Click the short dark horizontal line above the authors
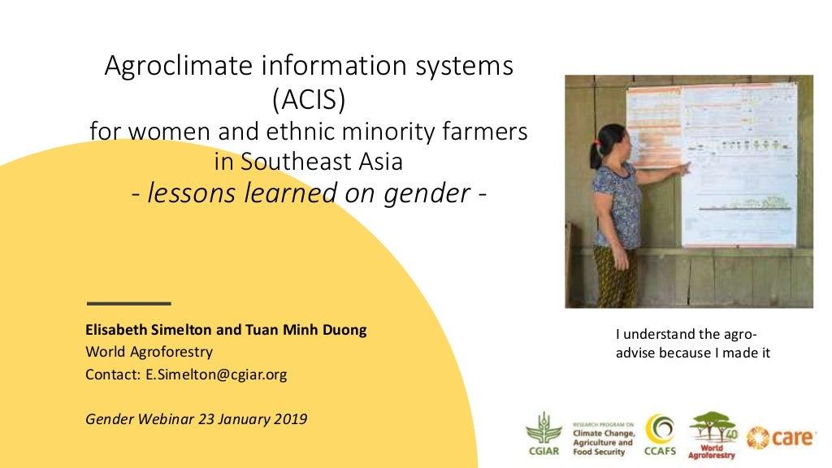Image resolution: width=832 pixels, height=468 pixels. (128, 303)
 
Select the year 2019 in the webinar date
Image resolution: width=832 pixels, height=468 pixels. (291, 419)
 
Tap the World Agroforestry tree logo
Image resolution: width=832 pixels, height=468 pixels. (712, 434)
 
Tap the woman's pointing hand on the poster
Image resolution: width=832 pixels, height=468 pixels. (686, 167)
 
